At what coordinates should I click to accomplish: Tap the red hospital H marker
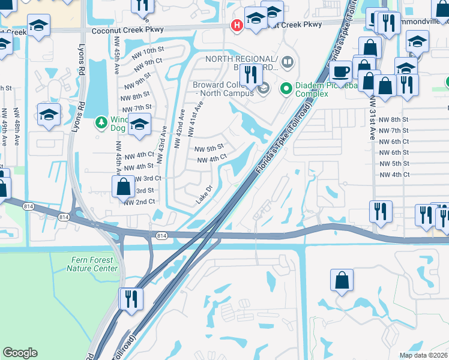237,25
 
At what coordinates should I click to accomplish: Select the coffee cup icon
341,71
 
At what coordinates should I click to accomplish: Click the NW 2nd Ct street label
139,202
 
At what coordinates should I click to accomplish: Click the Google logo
20,353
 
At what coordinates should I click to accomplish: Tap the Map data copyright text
423,355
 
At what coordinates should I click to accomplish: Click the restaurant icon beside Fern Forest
130,298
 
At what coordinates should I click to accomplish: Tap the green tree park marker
101,123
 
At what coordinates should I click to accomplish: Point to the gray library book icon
288,62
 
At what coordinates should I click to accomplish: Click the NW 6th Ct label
394,141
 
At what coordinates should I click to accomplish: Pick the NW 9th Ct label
150,61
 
